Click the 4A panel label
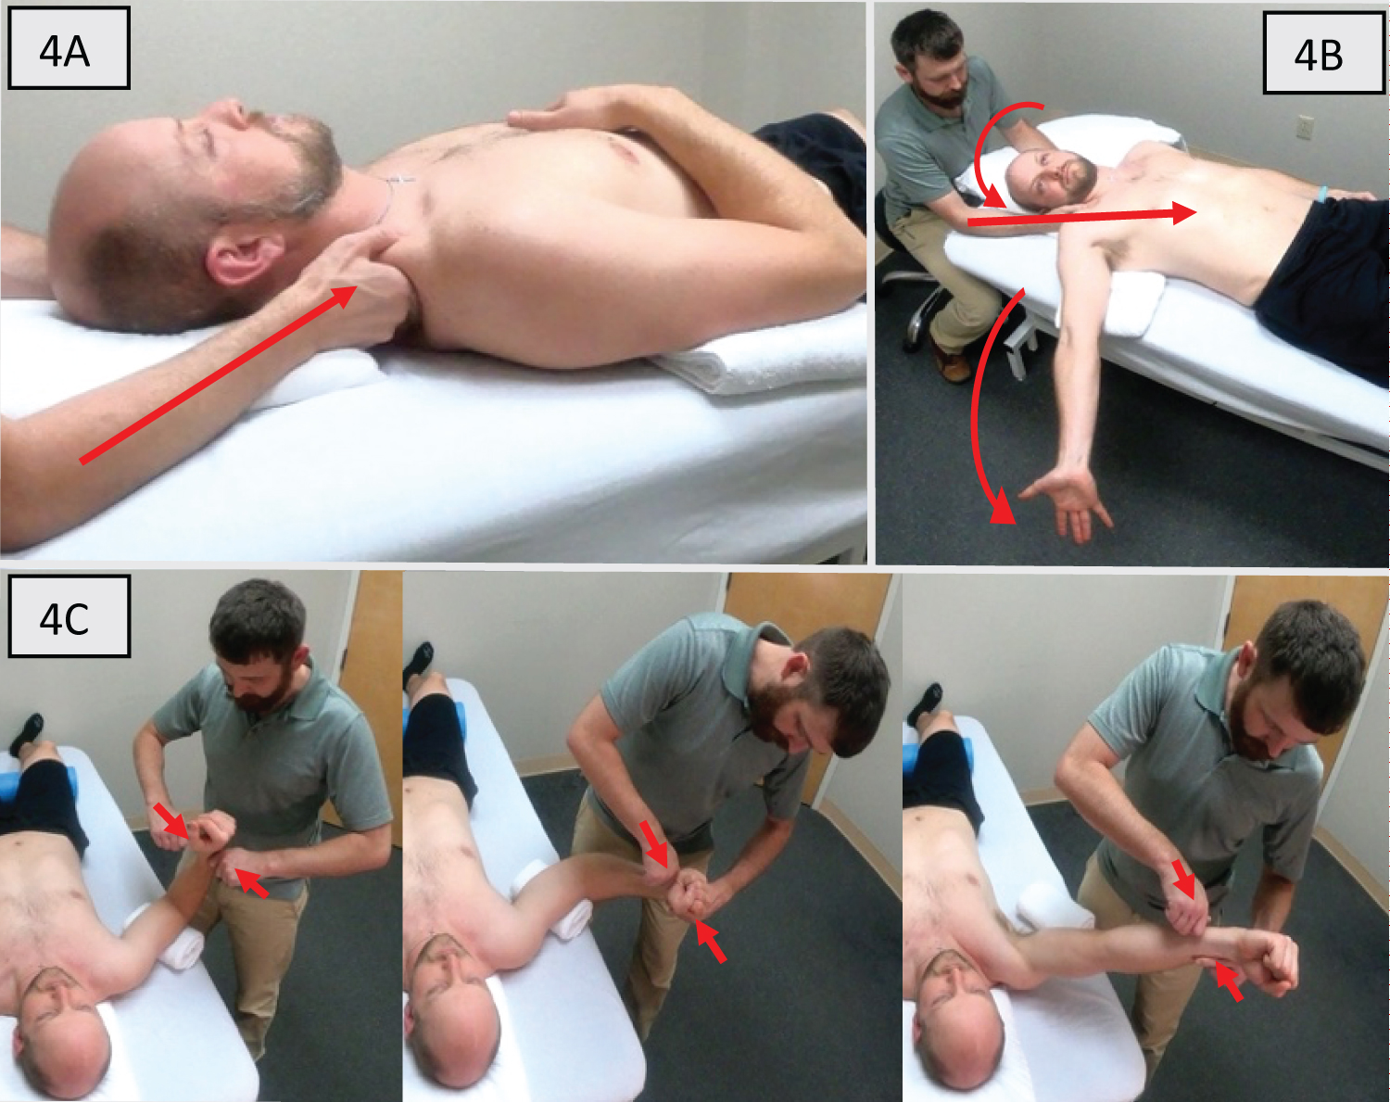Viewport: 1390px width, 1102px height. [x=69, y=48]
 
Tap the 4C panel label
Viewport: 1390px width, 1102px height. [x=69, y=616]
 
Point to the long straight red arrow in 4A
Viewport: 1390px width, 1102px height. [x=219, y=374]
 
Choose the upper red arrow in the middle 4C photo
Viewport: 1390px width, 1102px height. [x=653, y=843]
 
